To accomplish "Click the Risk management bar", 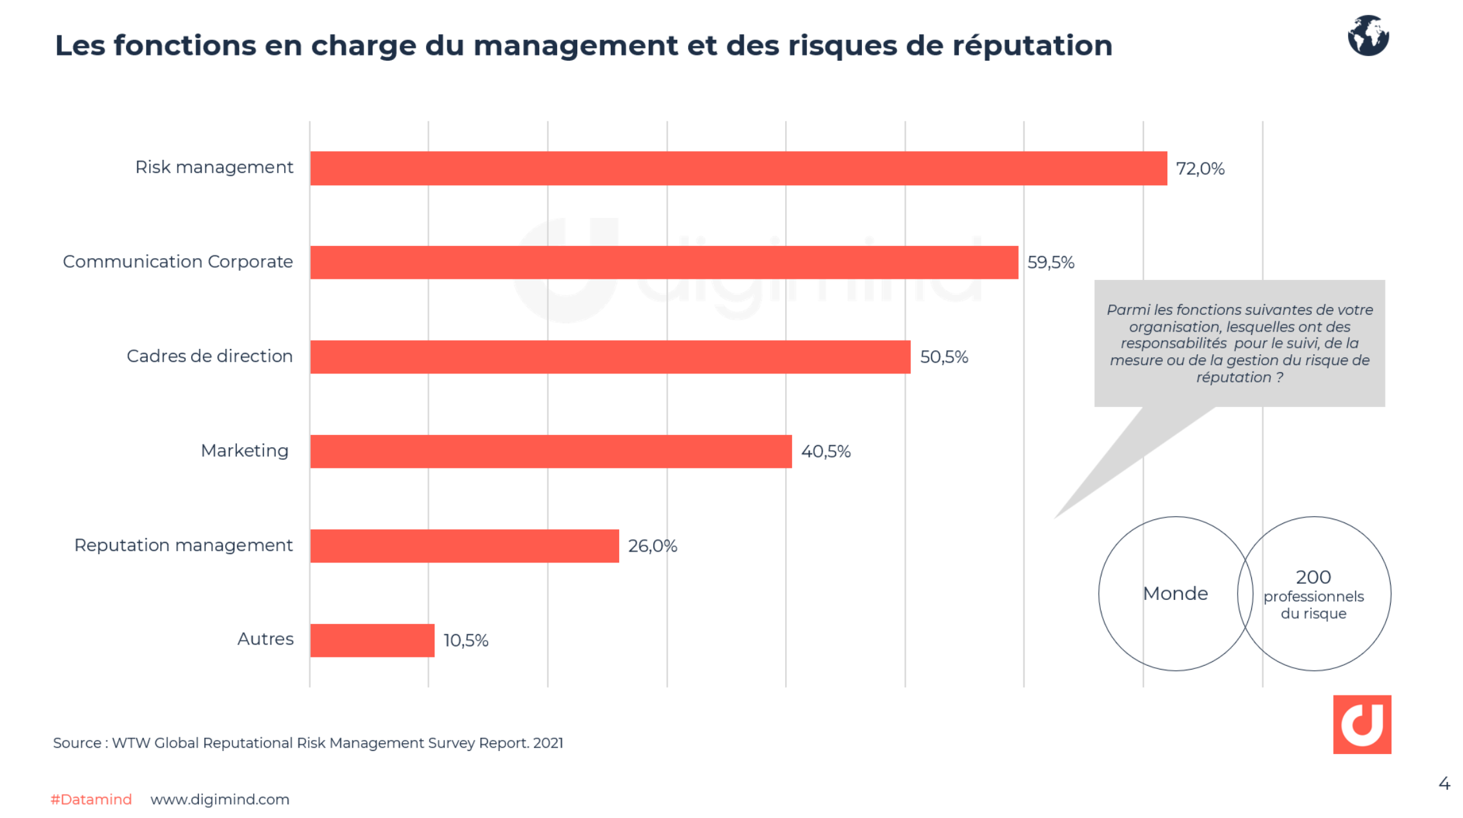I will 738,168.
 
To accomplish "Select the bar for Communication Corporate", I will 664,263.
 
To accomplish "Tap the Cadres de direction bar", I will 610,357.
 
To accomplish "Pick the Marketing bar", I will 551,451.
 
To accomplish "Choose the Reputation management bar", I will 464,546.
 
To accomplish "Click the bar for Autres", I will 372,640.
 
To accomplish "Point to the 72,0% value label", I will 1200,169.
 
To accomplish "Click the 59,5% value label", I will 1050,263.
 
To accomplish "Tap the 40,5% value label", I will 825,452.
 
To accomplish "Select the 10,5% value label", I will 466,641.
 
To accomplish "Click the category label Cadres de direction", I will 209,356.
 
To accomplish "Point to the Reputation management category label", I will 183,545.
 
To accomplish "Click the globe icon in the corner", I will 1367,35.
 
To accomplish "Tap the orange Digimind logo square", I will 1362,724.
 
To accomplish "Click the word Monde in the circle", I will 1175,594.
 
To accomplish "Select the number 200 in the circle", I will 1313,577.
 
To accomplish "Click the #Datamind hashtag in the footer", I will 91,799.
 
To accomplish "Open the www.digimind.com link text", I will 220,799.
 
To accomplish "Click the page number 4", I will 1444,784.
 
